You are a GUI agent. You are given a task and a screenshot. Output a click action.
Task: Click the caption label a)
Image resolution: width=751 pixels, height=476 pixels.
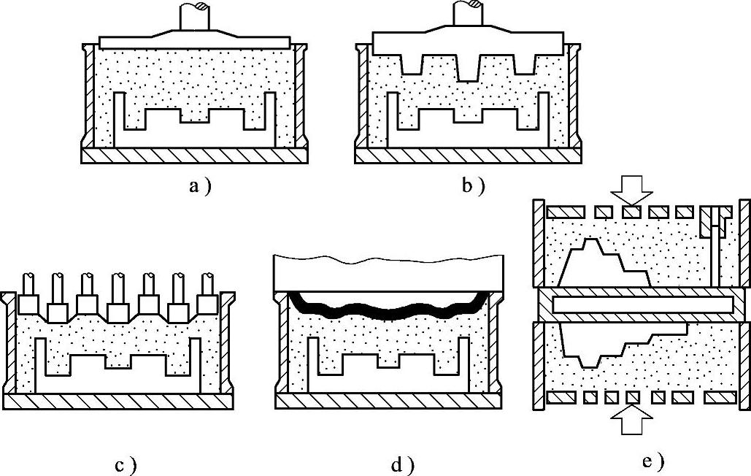pos(199,187)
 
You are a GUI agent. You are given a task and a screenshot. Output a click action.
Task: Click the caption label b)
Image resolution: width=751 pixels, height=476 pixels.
pos(473,187)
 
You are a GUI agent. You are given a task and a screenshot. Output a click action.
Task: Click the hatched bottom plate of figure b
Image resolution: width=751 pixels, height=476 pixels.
pos(468,156)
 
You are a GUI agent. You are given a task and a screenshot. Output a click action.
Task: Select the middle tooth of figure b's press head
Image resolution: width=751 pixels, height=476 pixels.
pos(468,66)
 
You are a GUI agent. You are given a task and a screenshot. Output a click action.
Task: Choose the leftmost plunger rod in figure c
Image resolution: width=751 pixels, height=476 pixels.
pos(29,283)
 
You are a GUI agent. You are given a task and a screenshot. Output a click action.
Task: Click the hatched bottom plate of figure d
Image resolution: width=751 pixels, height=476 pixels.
pos(390,401)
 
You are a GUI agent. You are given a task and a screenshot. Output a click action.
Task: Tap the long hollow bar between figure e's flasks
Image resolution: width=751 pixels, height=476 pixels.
pos(642,304)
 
